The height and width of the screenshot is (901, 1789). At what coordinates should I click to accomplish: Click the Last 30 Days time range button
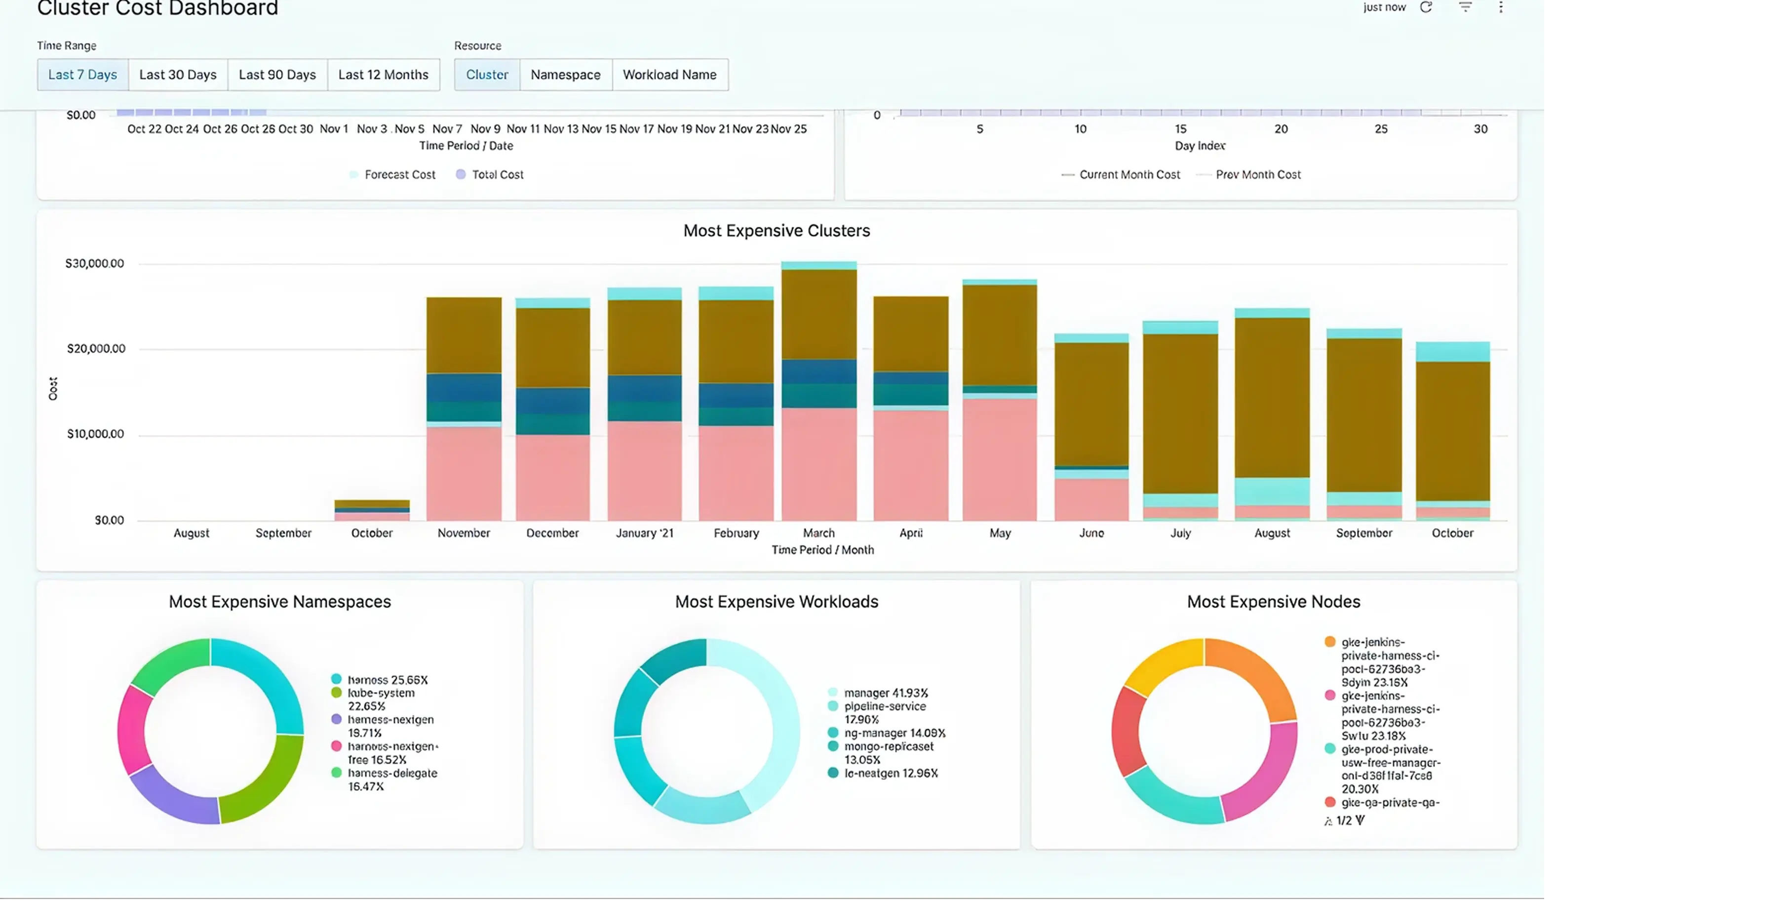[178, 74]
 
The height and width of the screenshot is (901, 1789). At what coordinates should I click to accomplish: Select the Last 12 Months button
[384, 74]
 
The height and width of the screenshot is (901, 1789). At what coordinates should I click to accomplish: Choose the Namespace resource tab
[565, 74]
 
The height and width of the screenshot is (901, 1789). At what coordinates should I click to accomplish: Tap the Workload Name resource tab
[669, 74]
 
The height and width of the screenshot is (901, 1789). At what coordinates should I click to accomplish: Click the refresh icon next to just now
[1426, 7]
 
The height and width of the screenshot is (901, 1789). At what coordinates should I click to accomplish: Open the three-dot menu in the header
[1501, 7]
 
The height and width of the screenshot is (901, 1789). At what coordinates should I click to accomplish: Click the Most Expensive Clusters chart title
[777, 231]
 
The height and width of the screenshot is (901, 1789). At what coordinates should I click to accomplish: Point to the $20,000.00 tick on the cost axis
[96, 349]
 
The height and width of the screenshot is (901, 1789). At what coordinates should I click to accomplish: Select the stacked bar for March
[819, 389]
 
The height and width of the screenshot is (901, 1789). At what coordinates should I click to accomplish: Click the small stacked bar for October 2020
[372, 510]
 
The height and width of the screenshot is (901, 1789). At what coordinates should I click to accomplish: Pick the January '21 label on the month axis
[645, 533]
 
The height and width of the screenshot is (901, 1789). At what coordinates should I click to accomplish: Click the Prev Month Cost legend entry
[1257, 174]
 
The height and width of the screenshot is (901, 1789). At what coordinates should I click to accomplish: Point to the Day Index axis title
[1200, 146]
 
